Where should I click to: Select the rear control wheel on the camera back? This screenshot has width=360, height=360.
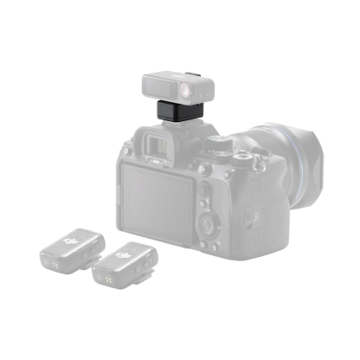tap(210, 224)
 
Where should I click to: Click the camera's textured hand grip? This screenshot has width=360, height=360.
tap(252, 212)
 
